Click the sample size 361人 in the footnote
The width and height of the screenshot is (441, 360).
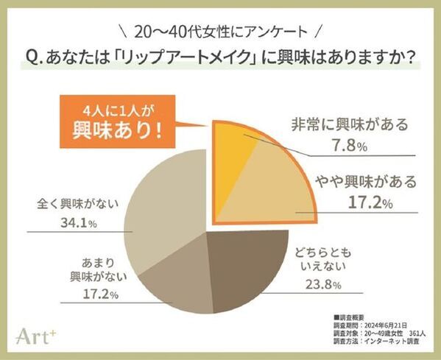(x=419, y=331)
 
